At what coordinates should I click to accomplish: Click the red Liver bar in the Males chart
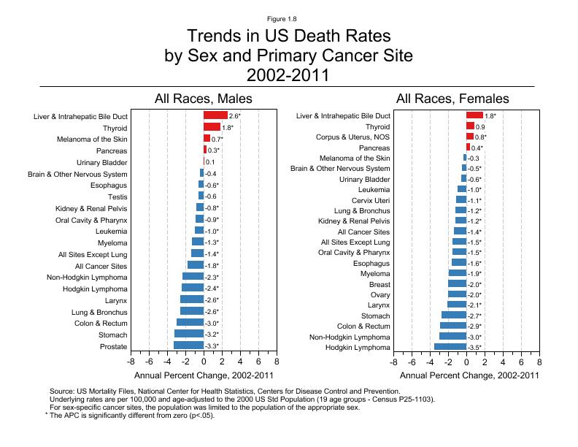215,115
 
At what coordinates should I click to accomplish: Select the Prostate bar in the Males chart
188,346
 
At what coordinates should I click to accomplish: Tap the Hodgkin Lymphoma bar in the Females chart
450,347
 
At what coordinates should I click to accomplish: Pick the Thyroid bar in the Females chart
470,126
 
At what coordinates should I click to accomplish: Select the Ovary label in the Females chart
379,295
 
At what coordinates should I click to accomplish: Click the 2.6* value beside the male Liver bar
234,115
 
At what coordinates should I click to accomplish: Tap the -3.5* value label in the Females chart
475,348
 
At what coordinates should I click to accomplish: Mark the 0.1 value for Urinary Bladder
210,162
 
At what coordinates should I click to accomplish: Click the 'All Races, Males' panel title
203,99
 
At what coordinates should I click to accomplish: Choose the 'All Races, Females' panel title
452,99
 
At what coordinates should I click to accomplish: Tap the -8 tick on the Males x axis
131,361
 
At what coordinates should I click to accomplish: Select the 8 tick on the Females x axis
539,361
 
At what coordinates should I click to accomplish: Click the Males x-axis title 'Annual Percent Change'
204,375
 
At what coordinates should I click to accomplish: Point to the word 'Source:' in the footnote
63,392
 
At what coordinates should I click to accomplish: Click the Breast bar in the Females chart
458,284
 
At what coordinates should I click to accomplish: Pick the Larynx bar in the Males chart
192,300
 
